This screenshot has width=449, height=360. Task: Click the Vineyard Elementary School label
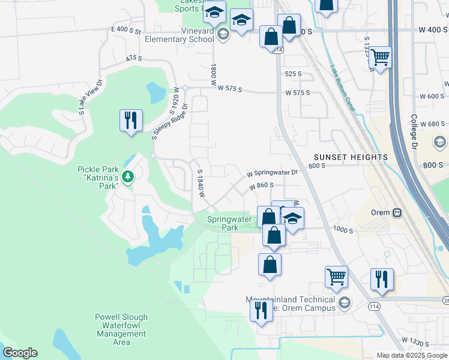179,35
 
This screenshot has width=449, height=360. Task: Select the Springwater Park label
223,223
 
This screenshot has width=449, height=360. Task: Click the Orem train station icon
397,212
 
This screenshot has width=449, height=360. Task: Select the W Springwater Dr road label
273,173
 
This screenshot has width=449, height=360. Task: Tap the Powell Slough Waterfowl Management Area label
121,329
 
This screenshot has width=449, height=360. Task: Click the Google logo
19,353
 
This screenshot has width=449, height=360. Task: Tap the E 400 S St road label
125,29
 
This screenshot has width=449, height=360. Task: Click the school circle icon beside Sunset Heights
439,142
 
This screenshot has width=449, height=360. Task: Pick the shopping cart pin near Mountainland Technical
336,277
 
